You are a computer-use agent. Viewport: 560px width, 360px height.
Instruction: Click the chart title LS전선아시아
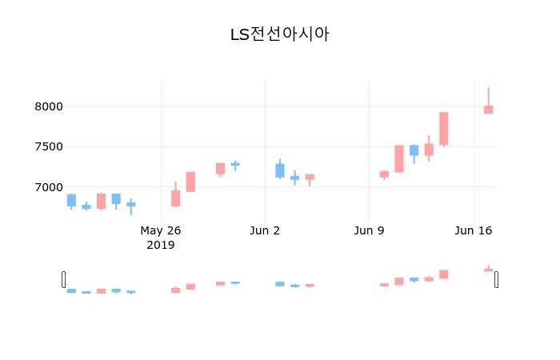pyautogui.click(x=280, y=34)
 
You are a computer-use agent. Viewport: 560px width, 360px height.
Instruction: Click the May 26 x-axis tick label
pyautogui.click(x=161, y=231)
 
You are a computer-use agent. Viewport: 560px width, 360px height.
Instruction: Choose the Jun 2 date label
pyautogui.click(x=265, y=231)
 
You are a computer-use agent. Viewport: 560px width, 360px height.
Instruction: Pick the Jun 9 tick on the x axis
pyautogui.click(x=369, y=231)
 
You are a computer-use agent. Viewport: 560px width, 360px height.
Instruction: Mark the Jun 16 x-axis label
pyautogui.click(x=473, y=231)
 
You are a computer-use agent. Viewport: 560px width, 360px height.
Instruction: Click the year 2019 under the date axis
pyautogui.click(x=161, y=245)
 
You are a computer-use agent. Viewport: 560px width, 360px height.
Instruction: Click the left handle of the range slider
pyautogui.click(x=64, y=279)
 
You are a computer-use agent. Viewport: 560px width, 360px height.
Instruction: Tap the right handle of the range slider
pyautogui.click(x=497, y=279)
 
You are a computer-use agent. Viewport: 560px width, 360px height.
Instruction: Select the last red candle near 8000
pyautogui.click(x=488, y=110)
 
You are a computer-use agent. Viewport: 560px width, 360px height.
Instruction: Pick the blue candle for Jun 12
pyautogui.click(x=414, y=150)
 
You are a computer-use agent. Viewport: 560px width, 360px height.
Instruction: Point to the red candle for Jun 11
pyautogui.click(x=398, y=158)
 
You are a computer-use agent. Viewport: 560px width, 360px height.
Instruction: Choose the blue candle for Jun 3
pyautogui.click(x=280, y=170)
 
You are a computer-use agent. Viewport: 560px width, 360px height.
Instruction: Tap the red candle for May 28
pyautogui.click(x=190, y=182)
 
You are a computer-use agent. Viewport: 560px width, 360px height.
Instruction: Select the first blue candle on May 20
pyautogui.click(x=71, y=200)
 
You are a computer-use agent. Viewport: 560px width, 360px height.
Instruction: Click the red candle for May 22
pyautogui.click(x=101, y=201)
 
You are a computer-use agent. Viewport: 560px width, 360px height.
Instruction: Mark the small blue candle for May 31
pyautogui.click(x=235, y=164)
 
